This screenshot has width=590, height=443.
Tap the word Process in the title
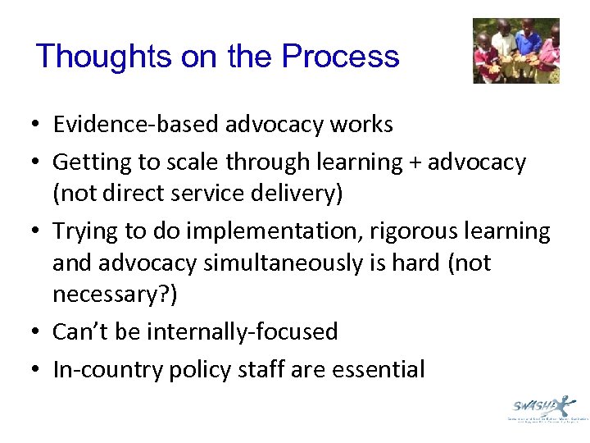click(x=340, y=57)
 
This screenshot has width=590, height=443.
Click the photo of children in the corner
click(x=516, y=51)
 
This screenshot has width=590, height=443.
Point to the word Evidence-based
click(x=125, y=125)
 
